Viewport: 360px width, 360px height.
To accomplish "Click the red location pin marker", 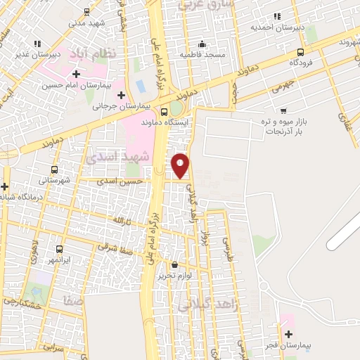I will [181, 165].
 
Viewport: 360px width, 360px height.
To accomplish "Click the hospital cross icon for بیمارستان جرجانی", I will [121, 94].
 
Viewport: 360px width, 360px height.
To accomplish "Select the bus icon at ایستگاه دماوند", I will [164, 111].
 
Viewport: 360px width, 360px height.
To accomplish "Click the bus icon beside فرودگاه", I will [301, 52].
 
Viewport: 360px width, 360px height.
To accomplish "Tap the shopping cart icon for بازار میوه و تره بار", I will [283, 111].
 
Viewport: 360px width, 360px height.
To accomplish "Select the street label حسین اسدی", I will [121, 181].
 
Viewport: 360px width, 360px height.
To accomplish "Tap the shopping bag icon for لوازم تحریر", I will [174, 265].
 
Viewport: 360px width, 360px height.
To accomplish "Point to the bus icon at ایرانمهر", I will [59, 249].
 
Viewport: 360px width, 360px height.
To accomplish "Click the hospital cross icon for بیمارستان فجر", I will [288, 334].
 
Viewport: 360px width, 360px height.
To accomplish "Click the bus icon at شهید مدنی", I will [86, 12].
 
